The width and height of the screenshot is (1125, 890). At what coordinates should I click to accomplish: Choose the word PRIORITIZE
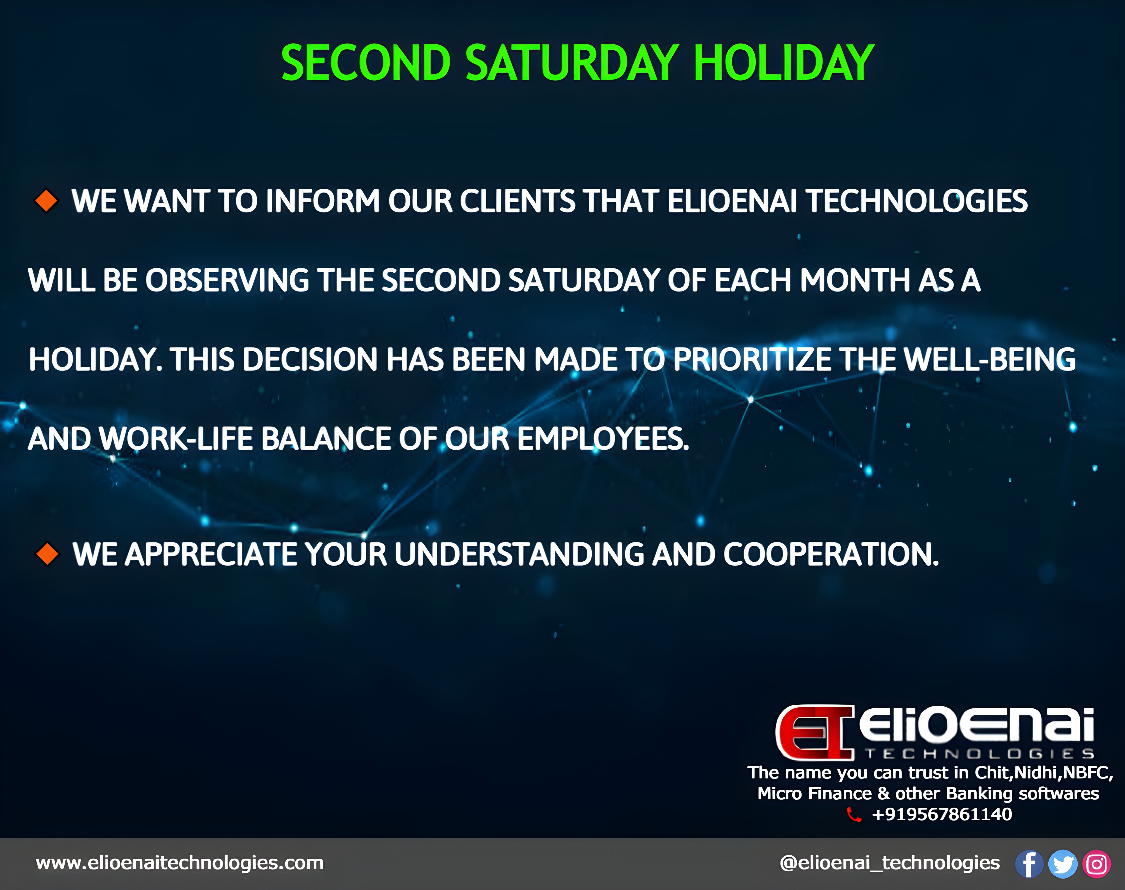point(753,360)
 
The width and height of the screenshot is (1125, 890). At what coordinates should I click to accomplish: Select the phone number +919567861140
point(942,814)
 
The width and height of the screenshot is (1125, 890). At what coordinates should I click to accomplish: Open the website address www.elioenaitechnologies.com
point(180,862)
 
